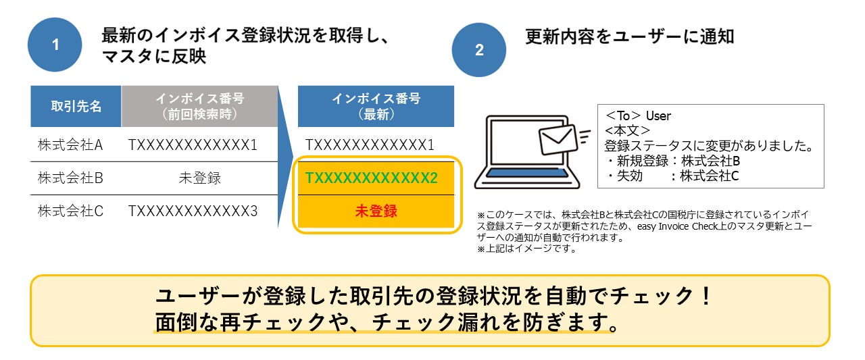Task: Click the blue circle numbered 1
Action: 55,45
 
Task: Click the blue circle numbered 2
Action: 479,50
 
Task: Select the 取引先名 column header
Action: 76,106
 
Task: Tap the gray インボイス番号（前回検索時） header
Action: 199,106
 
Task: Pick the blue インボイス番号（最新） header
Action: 376,106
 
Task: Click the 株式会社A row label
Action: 70,145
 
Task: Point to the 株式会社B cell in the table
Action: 70,178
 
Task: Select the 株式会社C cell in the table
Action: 70,211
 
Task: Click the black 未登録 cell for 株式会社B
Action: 199,178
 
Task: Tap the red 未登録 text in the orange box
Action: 376,211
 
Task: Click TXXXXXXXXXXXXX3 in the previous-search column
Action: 193,211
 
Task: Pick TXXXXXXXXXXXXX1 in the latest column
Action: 370,145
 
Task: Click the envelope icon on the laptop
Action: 558,139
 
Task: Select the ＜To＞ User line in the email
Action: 638,116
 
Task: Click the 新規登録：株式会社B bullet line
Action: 674,161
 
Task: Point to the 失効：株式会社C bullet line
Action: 674,176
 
